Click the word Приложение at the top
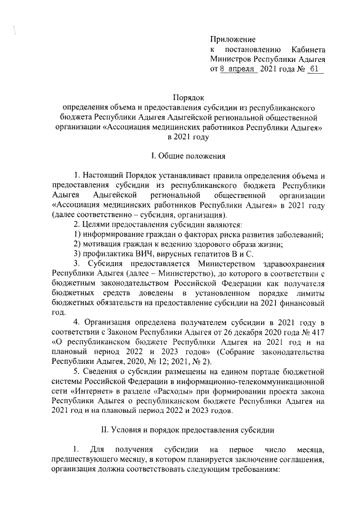click(x=232, y=39)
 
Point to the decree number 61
click(x=314, y=70)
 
